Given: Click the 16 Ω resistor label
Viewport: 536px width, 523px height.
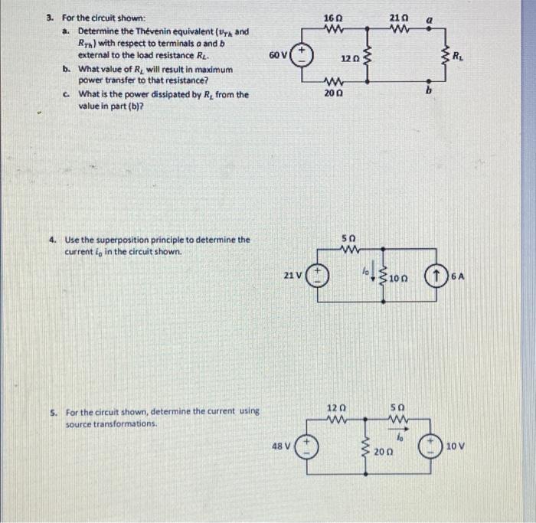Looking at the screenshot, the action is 332,17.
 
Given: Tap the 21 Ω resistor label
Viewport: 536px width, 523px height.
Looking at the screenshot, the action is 399,17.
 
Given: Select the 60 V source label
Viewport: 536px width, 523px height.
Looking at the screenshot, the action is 278,55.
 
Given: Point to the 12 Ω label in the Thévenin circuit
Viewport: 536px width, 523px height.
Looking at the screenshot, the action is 348,58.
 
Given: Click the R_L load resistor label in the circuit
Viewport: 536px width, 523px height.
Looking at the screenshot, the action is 457,55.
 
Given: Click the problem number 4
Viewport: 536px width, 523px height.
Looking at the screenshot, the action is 51,240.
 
